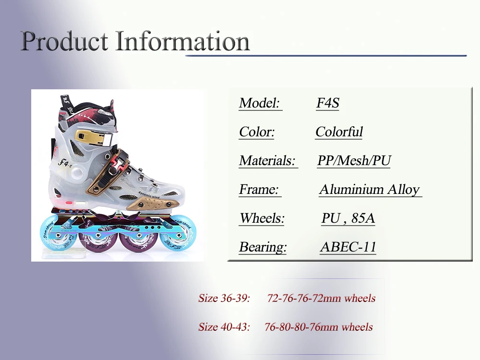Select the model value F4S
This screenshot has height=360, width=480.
328,103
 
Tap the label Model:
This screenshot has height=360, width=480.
260,103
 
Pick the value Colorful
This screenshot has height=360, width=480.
339,132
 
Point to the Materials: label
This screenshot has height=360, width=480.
267,161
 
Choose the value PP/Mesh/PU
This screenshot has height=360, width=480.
354,161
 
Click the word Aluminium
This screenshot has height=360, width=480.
351,190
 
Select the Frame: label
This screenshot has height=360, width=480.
259,190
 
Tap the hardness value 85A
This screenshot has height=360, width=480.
363,218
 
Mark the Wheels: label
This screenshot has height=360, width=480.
262,218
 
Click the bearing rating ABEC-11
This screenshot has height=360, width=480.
348,247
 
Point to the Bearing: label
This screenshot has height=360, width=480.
263,247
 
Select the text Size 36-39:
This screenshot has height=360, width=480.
224,298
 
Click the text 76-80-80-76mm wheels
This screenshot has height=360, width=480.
318,327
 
